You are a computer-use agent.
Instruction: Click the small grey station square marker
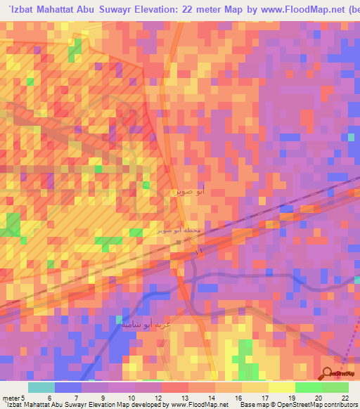click(180, 242)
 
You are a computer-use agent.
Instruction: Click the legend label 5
click(22, 378)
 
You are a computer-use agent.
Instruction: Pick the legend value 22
click(345, 378)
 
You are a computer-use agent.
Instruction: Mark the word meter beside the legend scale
click(10, 378)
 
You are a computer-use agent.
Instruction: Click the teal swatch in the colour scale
click(41, 387)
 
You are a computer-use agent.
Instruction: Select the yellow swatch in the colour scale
click(281, 387)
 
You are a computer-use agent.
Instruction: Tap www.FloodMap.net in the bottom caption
click(195, 404)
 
